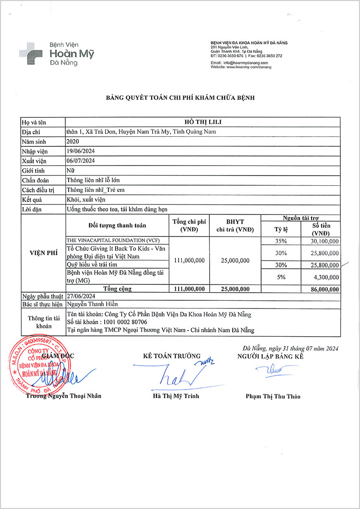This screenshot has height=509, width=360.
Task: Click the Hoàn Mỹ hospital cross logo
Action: pyautogui.click(x=30, y=53)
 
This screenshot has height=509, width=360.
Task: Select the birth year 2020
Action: pyautogui.click(x=73, y=142)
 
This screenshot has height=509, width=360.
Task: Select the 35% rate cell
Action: pyautogui.click(x=281, y=240)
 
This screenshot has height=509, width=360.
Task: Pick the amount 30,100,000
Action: pyautogui.click(x=322, y=240)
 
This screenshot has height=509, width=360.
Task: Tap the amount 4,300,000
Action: pyautogui.click(x=324, y=277)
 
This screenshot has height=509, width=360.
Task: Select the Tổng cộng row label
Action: pyautogui.click(x=118, y=289)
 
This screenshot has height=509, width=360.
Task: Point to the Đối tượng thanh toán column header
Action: pyautogui.click(x=118, y=225)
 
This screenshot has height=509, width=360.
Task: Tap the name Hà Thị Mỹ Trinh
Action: pyautogui.click(x=176, y=396)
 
